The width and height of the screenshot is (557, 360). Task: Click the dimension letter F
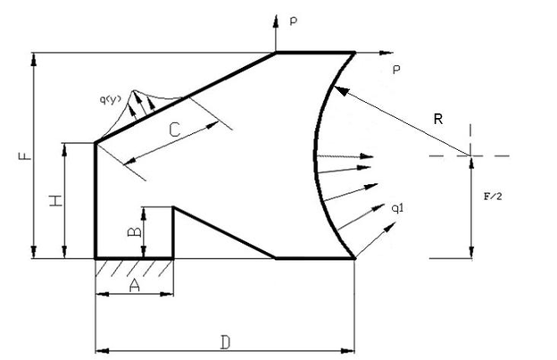coord(24,155)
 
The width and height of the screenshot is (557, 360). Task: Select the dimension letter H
coord(56,200)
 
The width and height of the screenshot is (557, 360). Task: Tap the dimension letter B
coord(134,232)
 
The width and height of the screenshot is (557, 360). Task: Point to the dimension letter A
coord(134,285)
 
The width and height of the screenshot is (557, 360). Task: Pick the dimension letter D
coord(225,342)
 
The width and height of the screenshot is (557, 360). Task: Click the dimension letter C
coord(174,130)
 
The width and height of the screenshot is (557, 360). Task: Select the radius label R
coord(438,119)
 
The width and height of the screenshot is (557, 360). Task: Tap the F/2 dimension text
coord(493,197)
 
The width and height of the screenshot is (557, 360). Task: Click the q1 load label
coord(397,208)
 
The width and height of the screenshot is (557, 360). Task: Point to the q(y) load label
coord(111,100)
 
